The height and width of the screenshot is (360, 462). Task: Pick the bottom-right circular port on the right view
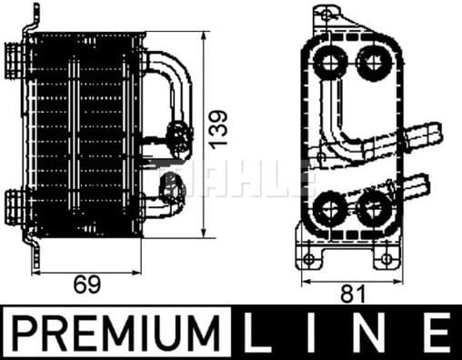(371, 209)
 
